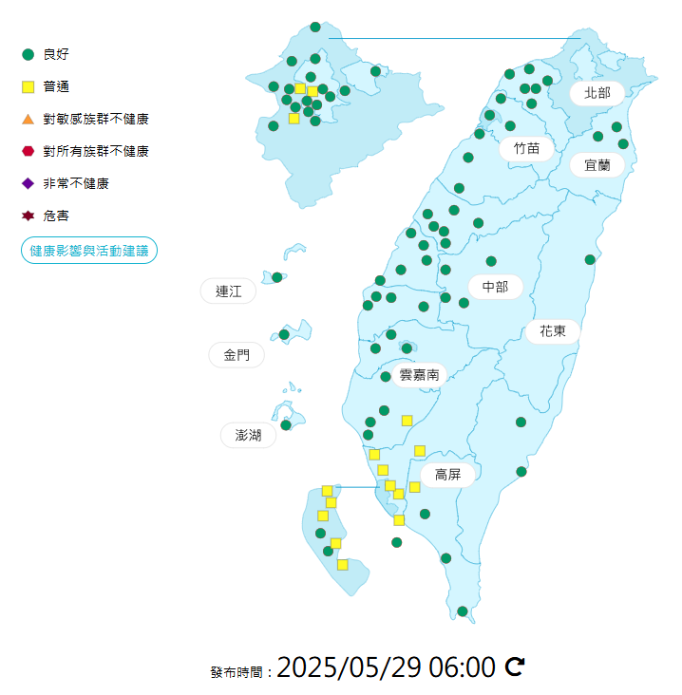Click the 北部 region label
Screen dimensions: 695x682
tap(597, 93)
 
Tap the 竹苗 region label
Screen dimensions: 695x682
tap(526, 148)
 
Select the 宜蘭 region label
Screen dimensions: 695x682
tap(597, 164)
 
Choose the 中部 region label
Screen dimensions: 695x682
tap(495, 287)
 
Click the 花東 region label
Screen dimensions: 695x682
tap(553, 331)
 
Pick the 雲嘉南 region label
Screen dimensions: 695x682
tap(419, 375)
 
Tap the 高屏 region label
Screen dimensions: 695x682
tap(447, 474)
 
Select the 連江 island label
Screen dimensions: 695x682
tap(229, 291)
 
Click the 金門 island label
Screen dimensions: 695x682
tap(237, 355)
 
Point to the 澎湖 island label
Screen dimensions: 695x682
tap(248, 435)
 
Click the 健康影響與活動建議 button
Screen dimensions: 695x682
tap(88, 251)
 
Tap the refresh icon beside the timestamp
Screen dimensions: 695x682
tap(514, 667)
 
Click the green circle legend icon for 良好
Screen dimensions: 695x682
tap(28, 54)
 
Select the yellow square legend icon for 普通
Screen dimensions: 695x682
tap(28, 86)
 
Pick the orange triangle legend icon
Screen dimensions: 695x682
tap(28, 119)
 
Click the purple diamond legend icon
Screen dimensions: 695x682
tap(28, 183)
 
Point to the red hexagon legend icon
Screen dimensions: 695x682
tap(28, 151)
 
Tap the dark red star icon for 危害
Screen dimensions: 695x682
tap(28, 216)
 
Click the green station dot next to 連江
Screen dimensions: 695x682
tap(277, 277)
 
